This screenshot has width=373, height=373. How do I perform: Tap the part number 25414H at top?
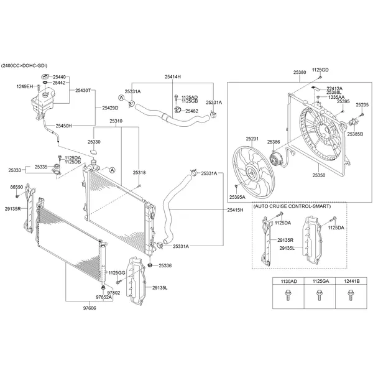(x=172, y=76)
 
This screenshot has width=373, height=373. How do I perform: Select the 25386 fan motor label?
(x=274, y=142)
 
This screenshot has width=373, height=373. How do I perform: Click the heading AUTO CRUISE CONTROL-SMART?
(x=292, y=206)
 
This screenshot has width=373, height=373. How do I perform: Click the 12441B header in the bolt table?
(x=344, y=282)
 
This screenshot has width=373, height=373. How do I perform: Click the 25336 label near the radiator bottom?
(x=165, y=265)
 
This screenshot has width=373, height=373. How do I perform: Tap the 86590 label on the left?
(x=17, y=186)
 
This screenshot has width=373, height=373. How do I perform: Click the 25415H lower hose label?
(x=236, y=211)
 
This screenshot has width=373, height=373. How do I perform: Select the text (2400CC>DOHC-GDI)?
(x=24, y=65)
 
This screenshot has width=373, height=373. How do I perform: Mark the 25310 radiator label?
(x=116, y=121)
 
